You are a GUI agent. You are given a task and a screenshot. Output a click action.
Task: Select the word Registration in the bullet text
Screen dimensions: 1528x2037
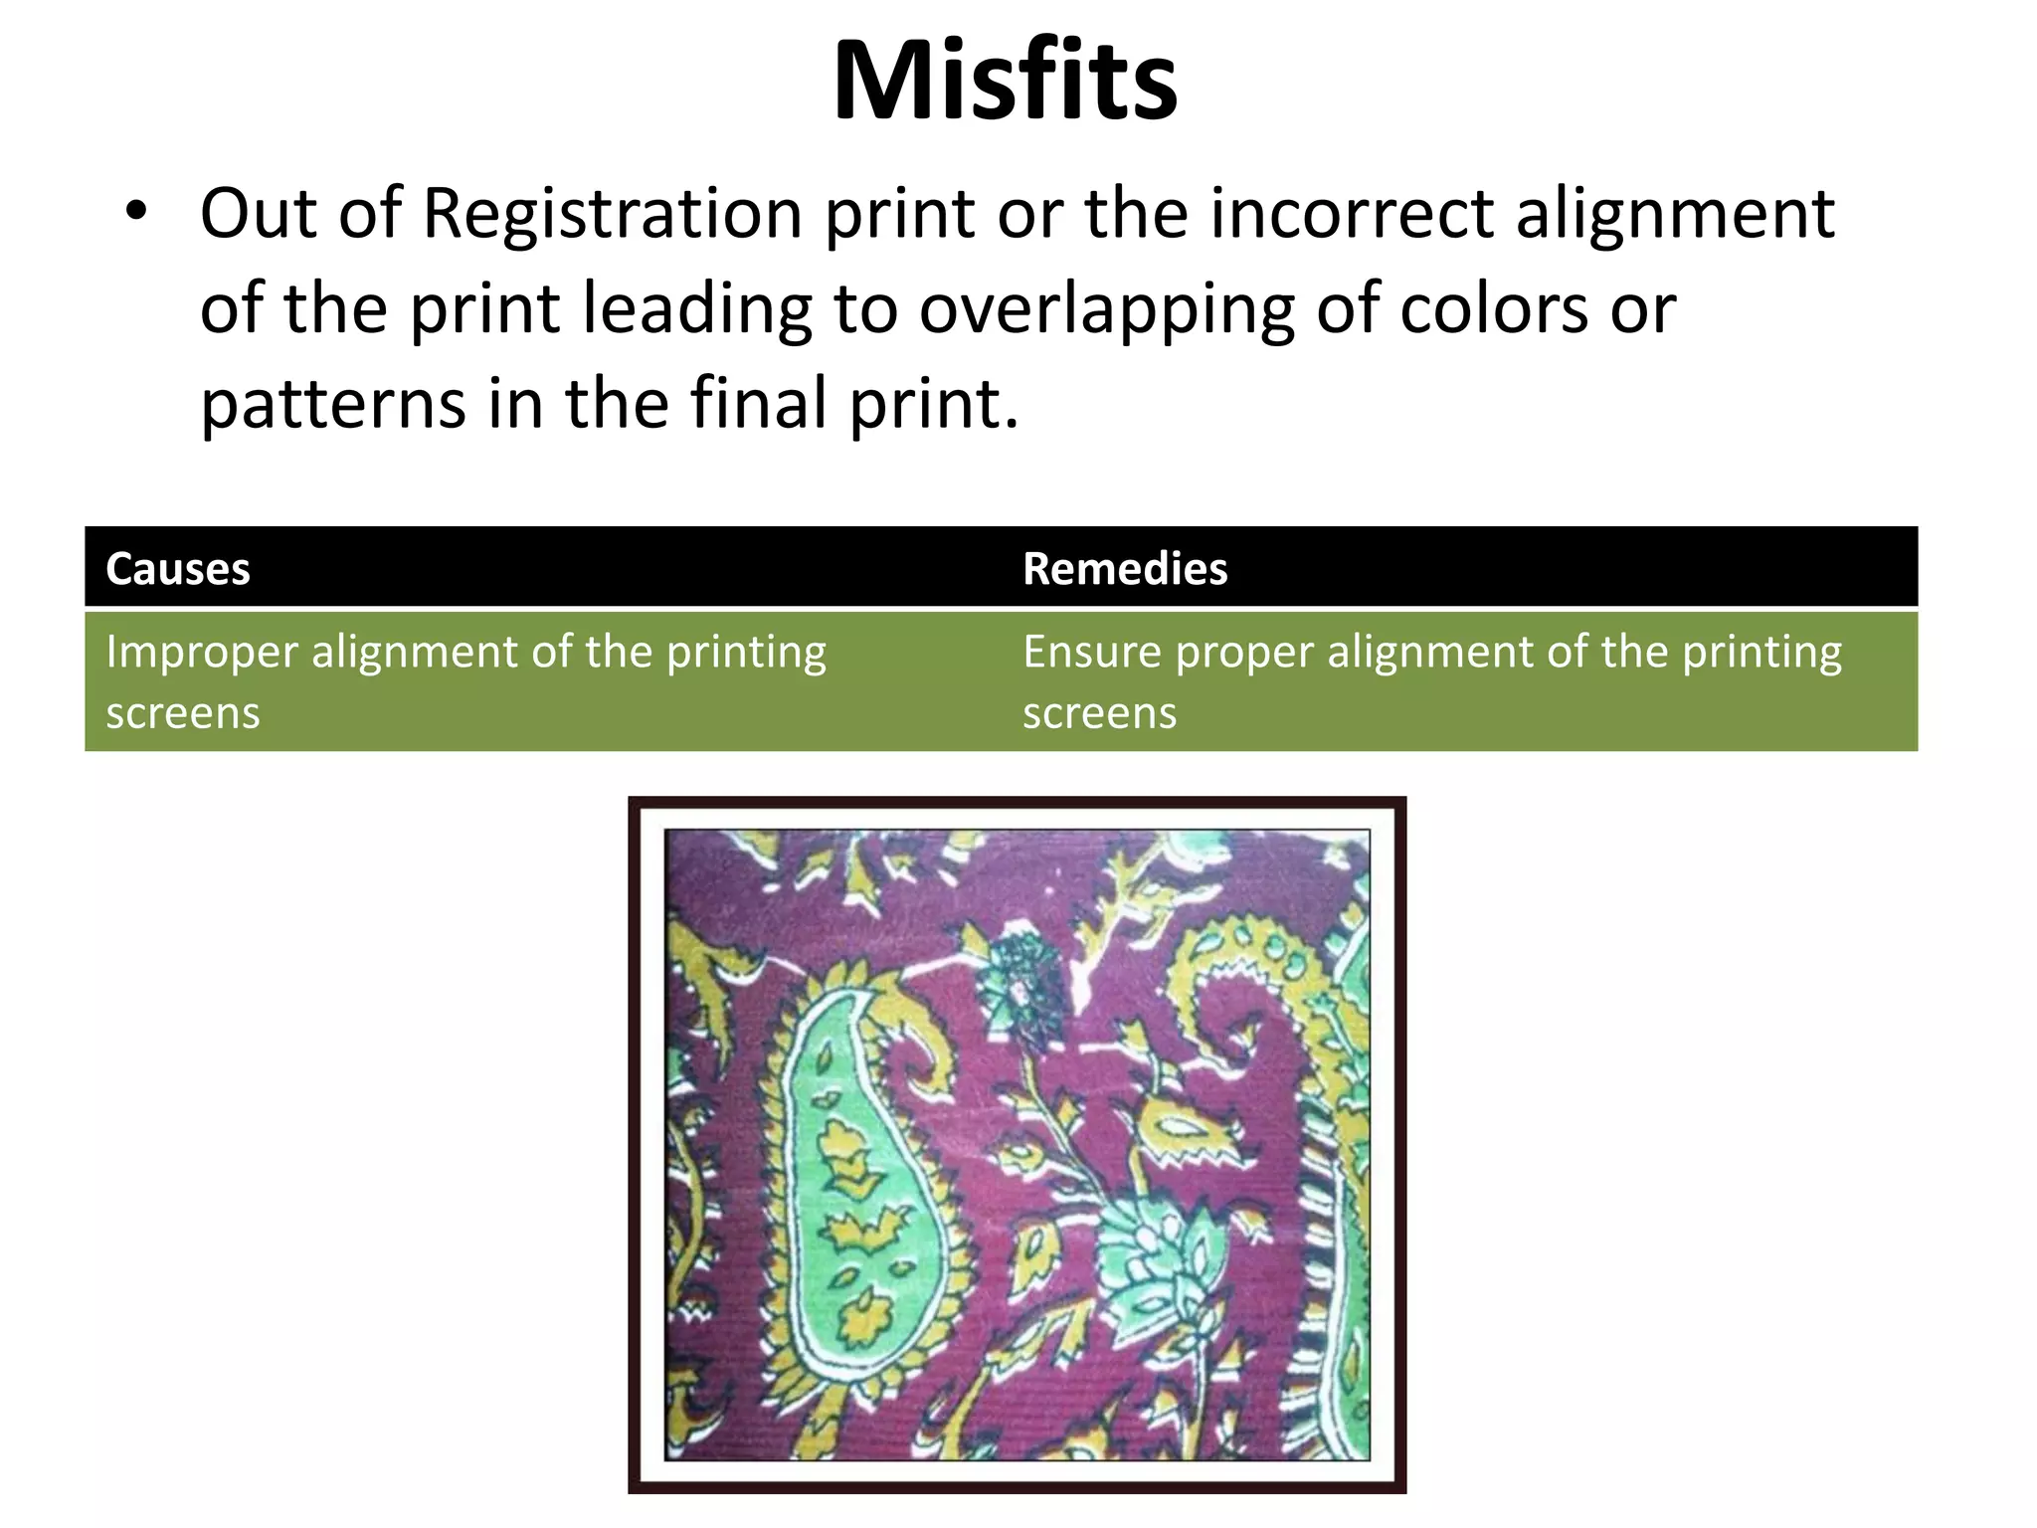pyautogui.click(x=612, y=214)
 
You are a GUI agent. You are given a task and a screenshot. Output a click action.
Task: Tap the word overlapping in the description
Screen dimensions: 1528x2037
pyautogui.click(x=1106, y=310)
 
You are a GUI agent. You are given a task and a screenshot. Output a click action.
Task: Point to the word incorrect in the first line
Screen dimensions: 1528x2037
pyautogui.click(x=1352, y=214)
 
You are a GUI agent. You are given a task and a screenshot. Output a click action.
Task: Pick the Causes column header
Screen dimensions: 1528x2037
pyautogui.click(x=178, y=569)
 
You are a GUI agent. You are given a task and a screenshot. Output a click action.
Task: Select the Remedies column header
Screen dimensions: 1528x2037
pyautogui.click(x=1125, y=569)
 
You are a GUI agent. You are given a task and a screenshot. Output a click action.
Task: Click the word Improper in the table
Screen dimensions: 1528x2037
pyautogui.click(x=202, y=654)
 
